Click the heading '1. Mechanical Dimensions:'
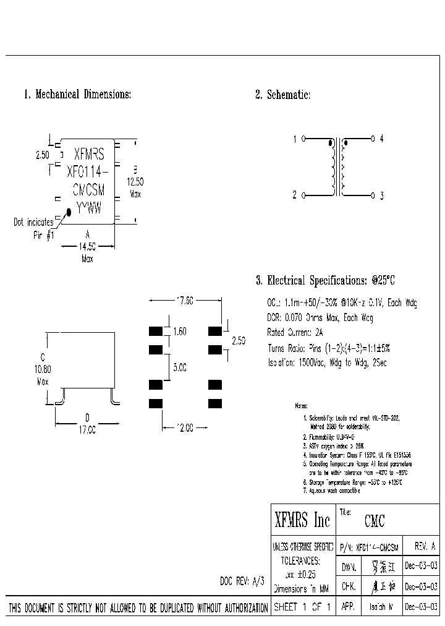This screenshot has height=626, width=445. pos(77,95)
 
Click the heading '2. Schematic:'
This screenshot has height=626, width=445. pos(282,95)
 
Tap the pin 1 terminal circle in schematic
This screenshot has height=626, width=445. pos(303,139)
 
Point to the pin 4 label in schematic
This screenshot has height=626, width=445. pos(382,139)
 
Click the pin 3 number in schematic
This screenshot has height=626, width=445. pos(382,195)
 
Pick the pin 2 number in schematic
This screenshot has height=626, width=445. pos(295,195)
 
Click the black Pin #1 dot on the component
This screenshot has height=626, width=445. pos(69,212)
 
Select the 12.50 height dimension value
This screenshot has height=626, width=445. pos(135,182)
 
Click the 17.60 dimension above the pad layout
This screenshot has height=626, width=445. pos(184,301)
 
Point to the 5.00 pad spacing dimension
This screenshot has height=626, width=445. pos(179,367)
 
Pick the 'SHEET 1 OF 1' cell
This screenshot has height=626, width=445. pos(303,607)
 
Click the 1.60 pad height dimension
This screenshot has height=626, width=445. pos(179,332)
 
